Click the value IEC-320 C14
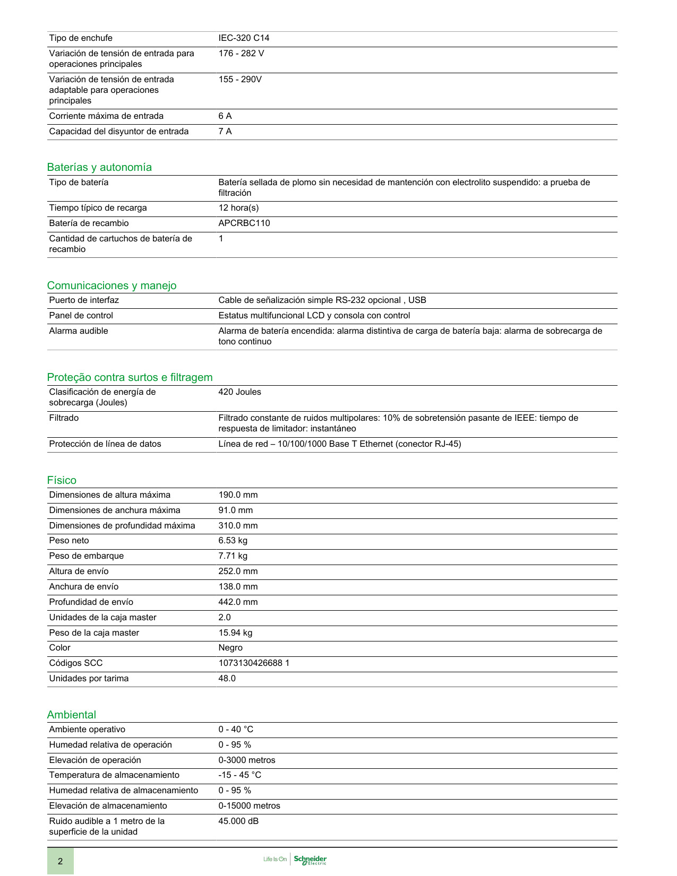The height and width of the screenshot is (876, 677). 244,38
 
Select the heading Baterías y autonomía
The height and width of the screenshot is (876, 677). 99,167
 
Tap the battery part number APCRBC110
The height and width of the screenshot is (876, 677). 244,223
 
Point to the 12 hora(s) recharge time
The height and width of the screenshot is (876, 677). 238,208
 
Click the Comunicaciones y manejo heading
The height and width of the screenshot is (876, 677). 112,285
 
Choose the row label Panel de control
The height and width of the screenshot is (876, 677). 81,316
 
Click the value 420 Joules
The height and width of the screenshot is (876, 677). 239,392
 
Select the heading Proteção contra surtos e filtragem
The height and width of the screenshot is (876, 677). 130,377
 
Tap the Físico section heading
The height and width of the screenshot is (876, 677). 62,480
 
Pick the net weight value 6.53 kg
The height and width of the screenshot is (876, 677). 233,541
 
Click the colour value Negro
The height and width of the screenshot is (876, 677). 230,648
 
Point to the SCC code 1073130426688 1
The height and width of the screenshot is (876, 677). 254,663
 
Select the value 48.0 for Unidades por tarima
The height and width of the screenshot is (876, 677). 227,679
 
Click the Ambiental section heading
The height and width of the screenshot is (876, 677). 71,715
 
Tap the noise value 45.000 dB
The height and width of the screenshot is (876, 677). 238,821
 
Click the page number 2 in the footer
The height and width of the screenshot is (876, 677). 60,861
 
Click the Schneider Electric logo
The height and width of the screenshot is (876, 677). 310,860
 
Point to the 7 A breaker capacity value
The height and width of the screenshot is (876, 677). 225,132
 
